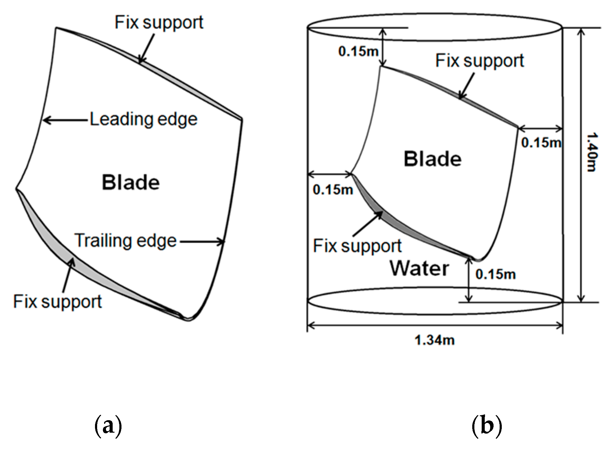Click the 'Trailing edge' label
125,241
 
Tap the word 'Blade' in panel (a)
131,183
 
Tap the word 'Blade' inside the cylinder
432,159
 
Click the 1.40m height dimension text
592,152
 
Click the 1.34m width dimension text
434,340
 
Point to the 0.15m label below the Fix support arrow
333,190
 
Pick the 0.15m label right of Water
495,274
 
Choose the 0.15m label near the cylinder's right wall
541,142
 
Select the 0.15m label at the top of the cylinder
358,51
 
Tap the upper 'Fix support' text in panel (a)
159,23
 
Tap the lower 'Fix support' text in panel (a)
57,302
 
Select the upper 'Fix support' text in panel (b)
480,61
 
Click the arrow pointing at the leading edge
65,121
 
